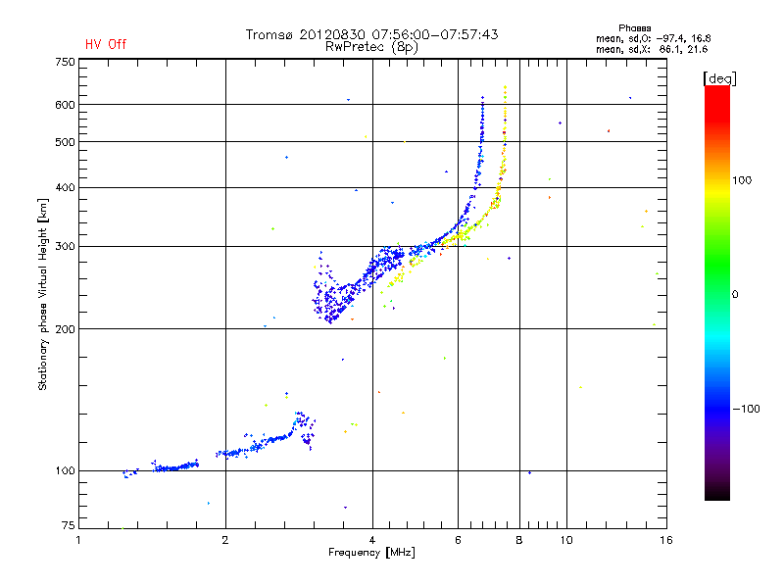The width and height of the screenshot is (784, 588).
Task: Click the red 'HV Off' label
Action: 105,44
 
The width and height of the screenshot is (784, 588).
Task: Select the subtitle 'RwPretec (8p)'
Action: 368,46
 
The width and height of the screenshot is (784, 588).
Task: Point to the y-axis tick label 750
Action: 65,62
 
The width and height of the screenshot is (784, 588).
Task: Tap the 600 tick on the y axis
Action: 65,105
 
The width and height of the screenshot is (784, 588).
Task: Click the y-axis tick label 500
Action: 65,142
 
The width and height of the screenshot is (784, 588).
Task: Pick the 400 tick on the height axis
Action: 65,187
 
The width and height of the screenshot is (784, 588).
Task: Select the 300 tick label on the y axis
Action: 65,246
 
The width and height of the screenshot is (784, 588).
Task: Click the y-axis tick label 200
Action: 65,329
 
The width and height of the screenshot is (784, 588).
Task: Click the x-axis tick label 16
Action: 665,540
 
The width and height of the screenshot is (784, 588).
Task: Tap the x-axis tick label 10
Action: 565,540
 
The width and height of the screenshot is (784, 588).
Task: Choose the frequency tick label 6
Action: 458,540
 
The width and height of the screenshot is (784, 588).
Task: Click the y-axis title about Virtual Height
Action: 43,294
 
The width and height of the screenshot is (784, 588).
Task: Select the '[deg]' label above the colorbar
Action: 719,77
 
